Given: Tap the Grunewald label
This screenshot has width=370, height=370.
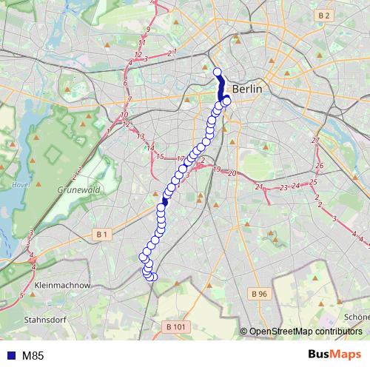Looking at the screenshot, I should pos(74,189).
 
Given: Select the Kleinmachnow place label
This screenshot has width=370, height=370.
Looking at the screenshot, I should pos(62,284).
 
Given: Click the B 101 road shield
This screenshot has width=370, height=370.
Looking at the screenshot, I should pos(175,326).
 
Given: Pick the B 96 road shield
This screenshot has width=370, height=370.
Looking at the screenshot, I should pos(258,294).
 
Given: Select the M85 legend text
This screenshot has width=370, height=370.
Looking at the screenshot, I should pos(33,355).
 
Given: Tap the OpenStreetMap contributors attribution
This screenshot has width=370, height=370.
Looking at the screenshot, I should pos(305,332).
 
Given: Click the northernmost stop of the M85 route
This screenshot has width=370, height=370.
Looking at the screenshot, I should pos(218,72).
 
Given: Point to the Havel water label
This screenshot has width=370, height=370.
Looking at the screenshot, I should pos(10,185).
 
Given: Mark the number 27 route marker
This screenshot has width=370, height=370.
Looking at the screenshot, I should pos(315,141).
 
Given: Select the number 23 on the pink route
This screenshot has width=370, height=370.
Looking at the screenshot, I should pos(283,188).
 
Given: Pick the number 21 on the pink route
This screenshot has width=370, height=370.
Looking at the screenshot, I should pos(259,186).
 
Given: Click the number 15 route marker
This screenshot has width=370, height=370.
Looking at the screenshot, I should pos(160,156).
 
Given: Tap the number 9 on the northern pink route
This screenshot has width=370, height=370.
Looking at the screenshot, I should pos(148,30).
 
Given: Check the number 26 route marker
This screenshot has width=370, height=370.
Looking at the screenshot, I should pos(320,165).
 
